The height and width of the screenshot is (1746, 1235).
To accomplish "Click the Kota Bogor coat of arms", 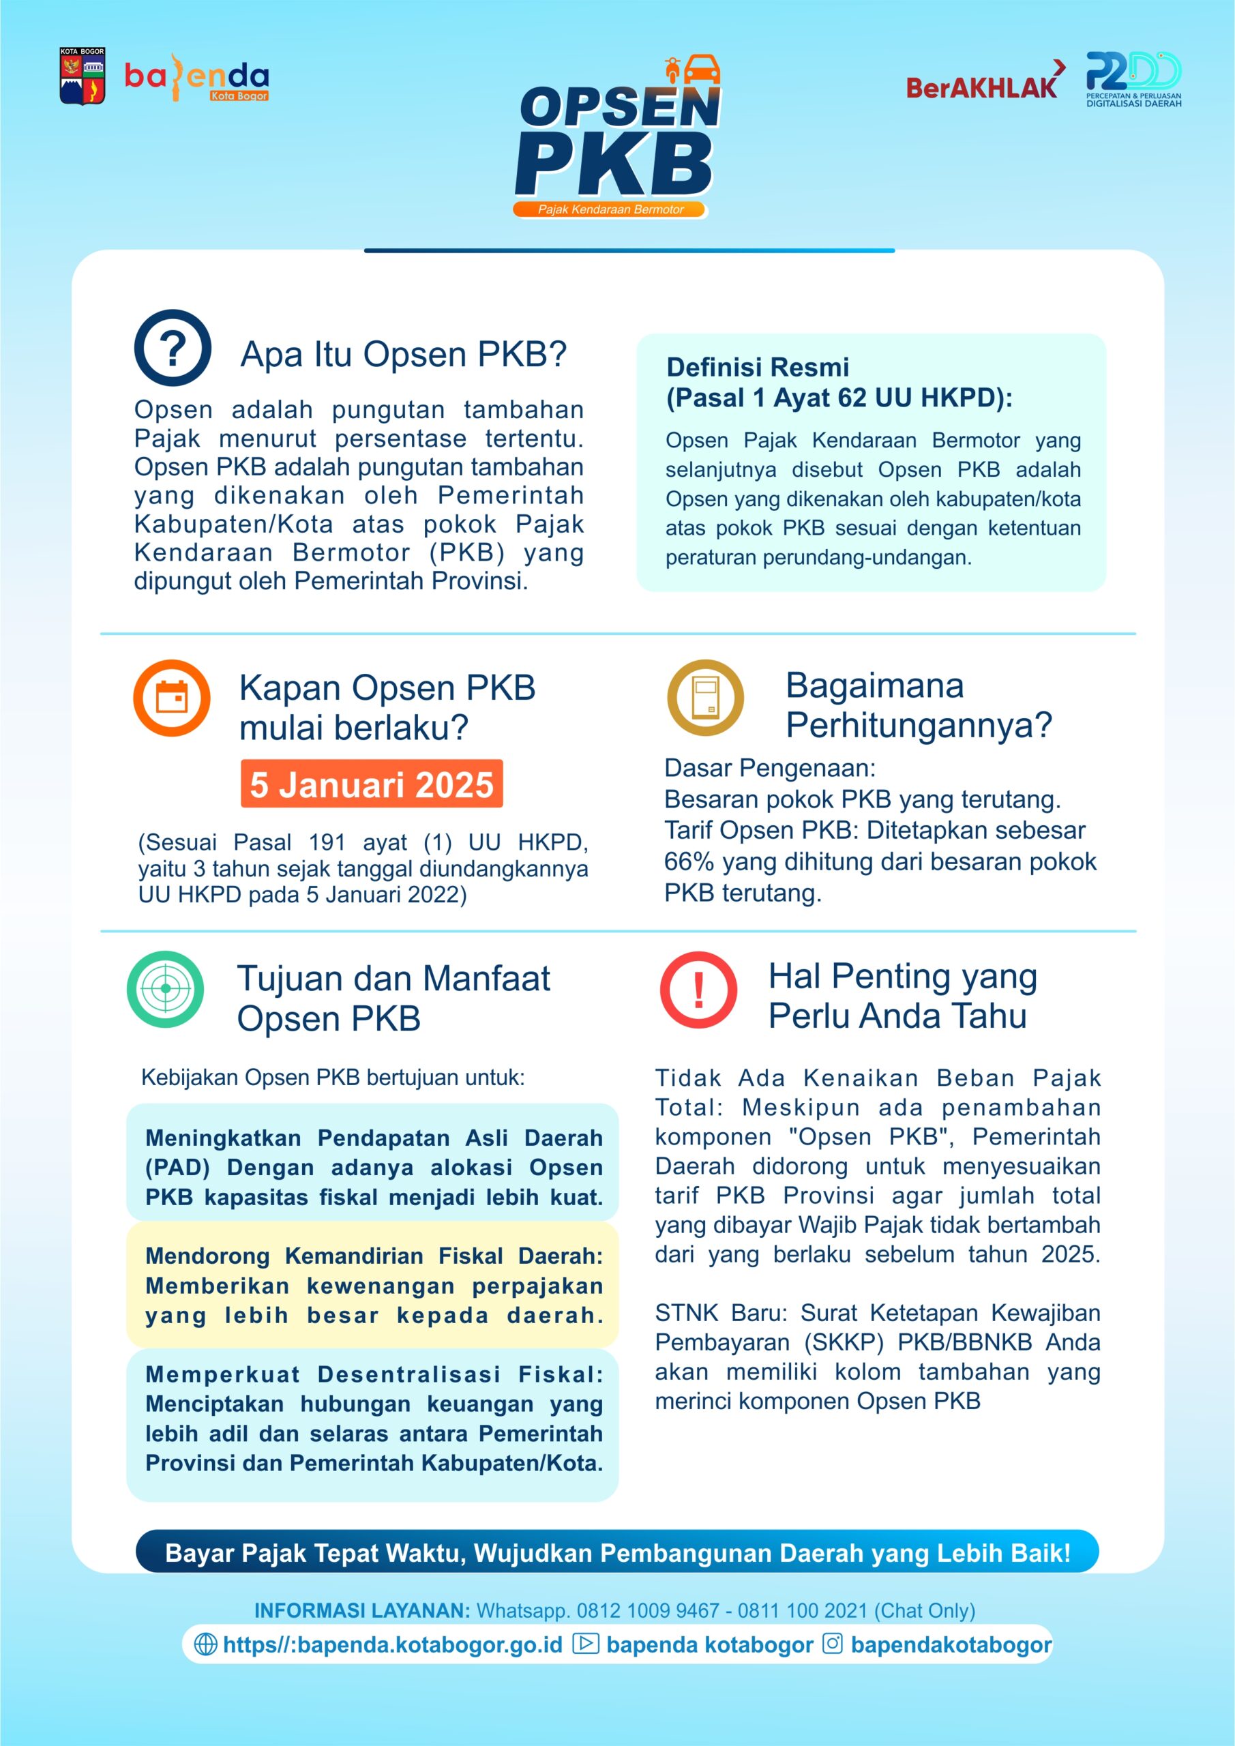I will point(82,76).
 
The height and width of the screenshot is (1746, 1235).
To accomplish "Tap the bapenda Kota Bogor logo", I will point(197,78).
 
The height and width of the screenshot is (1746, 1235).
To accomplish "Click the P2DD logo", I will point(1133,78).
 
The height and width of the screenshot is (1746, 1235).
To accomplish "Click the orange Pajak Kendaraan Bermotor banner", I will point(610,209).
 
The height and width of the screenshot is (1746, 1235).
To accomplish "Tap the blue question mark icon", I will point(173,348).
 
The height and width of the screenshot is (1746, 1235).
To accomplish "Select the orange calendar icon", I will point(172,697).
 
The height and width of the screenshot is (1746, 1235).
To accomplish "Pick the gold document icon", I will point(705,697).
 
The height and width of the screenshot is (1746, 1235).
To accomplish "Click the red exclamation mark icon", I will point(698,990).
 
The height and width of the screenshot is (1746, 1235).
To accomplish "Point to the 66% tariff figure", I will point(688,861).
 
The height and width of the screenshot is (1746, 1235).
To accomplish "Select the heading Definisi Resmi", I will point(758,368).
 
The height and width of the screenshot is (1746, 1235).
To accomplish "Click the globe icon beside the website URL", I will point(205,1644).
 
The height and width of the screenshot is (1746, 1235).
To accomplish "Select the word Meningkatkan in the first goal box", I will point(223,1138).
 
